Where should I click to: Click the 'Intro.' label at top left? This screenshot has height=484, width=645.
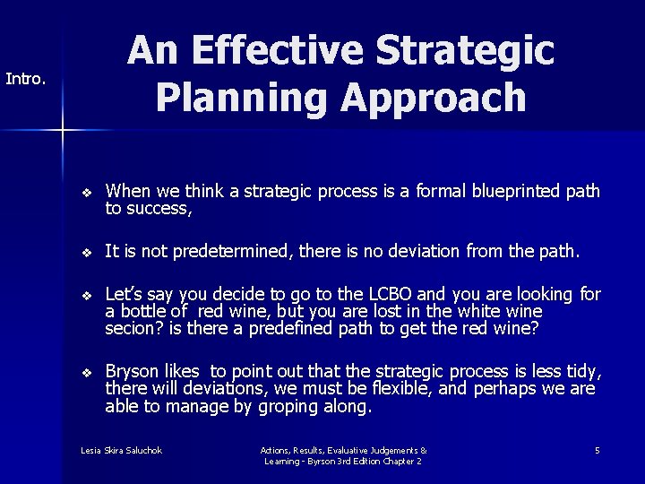pos(25,79)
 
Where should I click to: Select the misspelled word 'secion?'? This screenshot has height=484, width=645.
pos(133,328)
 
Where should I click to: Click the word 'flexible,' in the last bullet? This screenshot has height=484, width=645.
pos(400,388)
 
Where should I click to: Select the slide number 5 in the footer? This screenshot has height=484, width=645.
pos(598,450)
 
